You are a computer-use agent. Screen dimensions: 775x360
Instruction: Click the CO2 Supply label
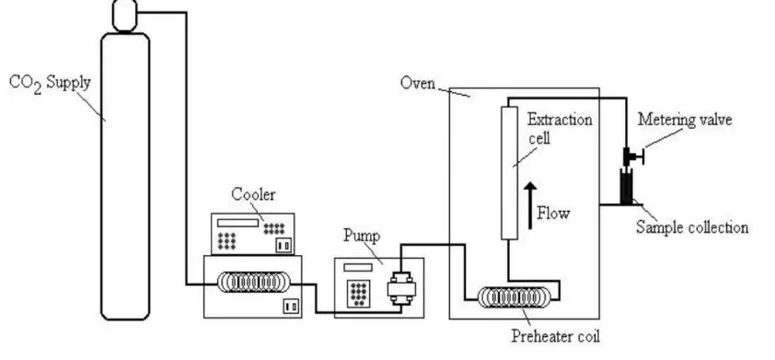(x=50, y=83)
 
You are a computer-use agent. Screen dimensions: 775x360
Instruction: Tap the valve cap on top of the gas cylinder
(x=124, y=15)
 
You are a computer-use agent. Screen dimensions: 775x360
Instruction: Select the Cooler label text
(x=253, y=194)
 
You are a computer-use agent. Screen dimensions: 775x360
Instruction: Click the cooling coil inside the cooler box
(x=253, y=282)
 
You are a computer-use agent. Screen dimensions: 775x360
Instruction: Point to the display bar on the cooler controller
(x=237, y=223)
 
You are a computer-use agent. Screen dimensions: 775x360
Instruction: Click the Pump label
(x=362, y=236)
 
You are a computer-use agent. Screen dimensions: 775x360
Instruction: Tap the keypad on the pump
(x=358, y=293)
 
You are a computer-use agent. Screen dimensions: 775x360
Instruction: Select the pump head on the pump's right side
(x=400, y=288)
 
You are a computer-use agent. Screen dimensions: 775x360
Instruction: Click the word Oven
(x=418, y=82)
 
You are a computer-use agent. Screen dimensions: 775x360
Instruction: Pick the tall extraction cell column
(x=510, y=172)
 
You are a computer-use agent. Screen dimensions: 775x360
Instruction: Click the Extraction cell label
(x=559, y=128)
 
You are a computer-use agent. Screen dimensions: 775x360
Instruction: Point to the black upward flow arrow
(x=530, y=205)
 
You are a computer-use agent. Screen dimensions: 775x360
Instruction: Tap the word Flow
(x=553, y=213)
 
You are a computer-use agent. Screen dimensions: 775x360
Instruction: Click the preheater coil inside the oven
(x=514, y=296)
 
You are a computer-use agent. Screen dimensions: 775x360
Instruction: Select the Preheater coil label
(x=555, y=336)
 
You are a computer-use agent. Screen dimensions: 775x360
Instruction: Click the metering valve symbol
(x=632, y=157)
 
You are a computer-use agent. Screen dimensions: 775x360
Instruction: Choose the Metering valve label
(x=685, y=120)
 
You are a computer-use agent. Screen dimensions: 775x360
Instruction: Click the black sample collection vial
(x=627, y=186)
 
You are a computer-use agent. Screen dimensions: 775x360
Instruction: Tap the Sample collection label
(x=692, y=227)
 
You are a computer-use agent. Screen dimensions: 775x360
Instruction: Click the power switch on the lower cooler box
(x=291, y=307)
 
